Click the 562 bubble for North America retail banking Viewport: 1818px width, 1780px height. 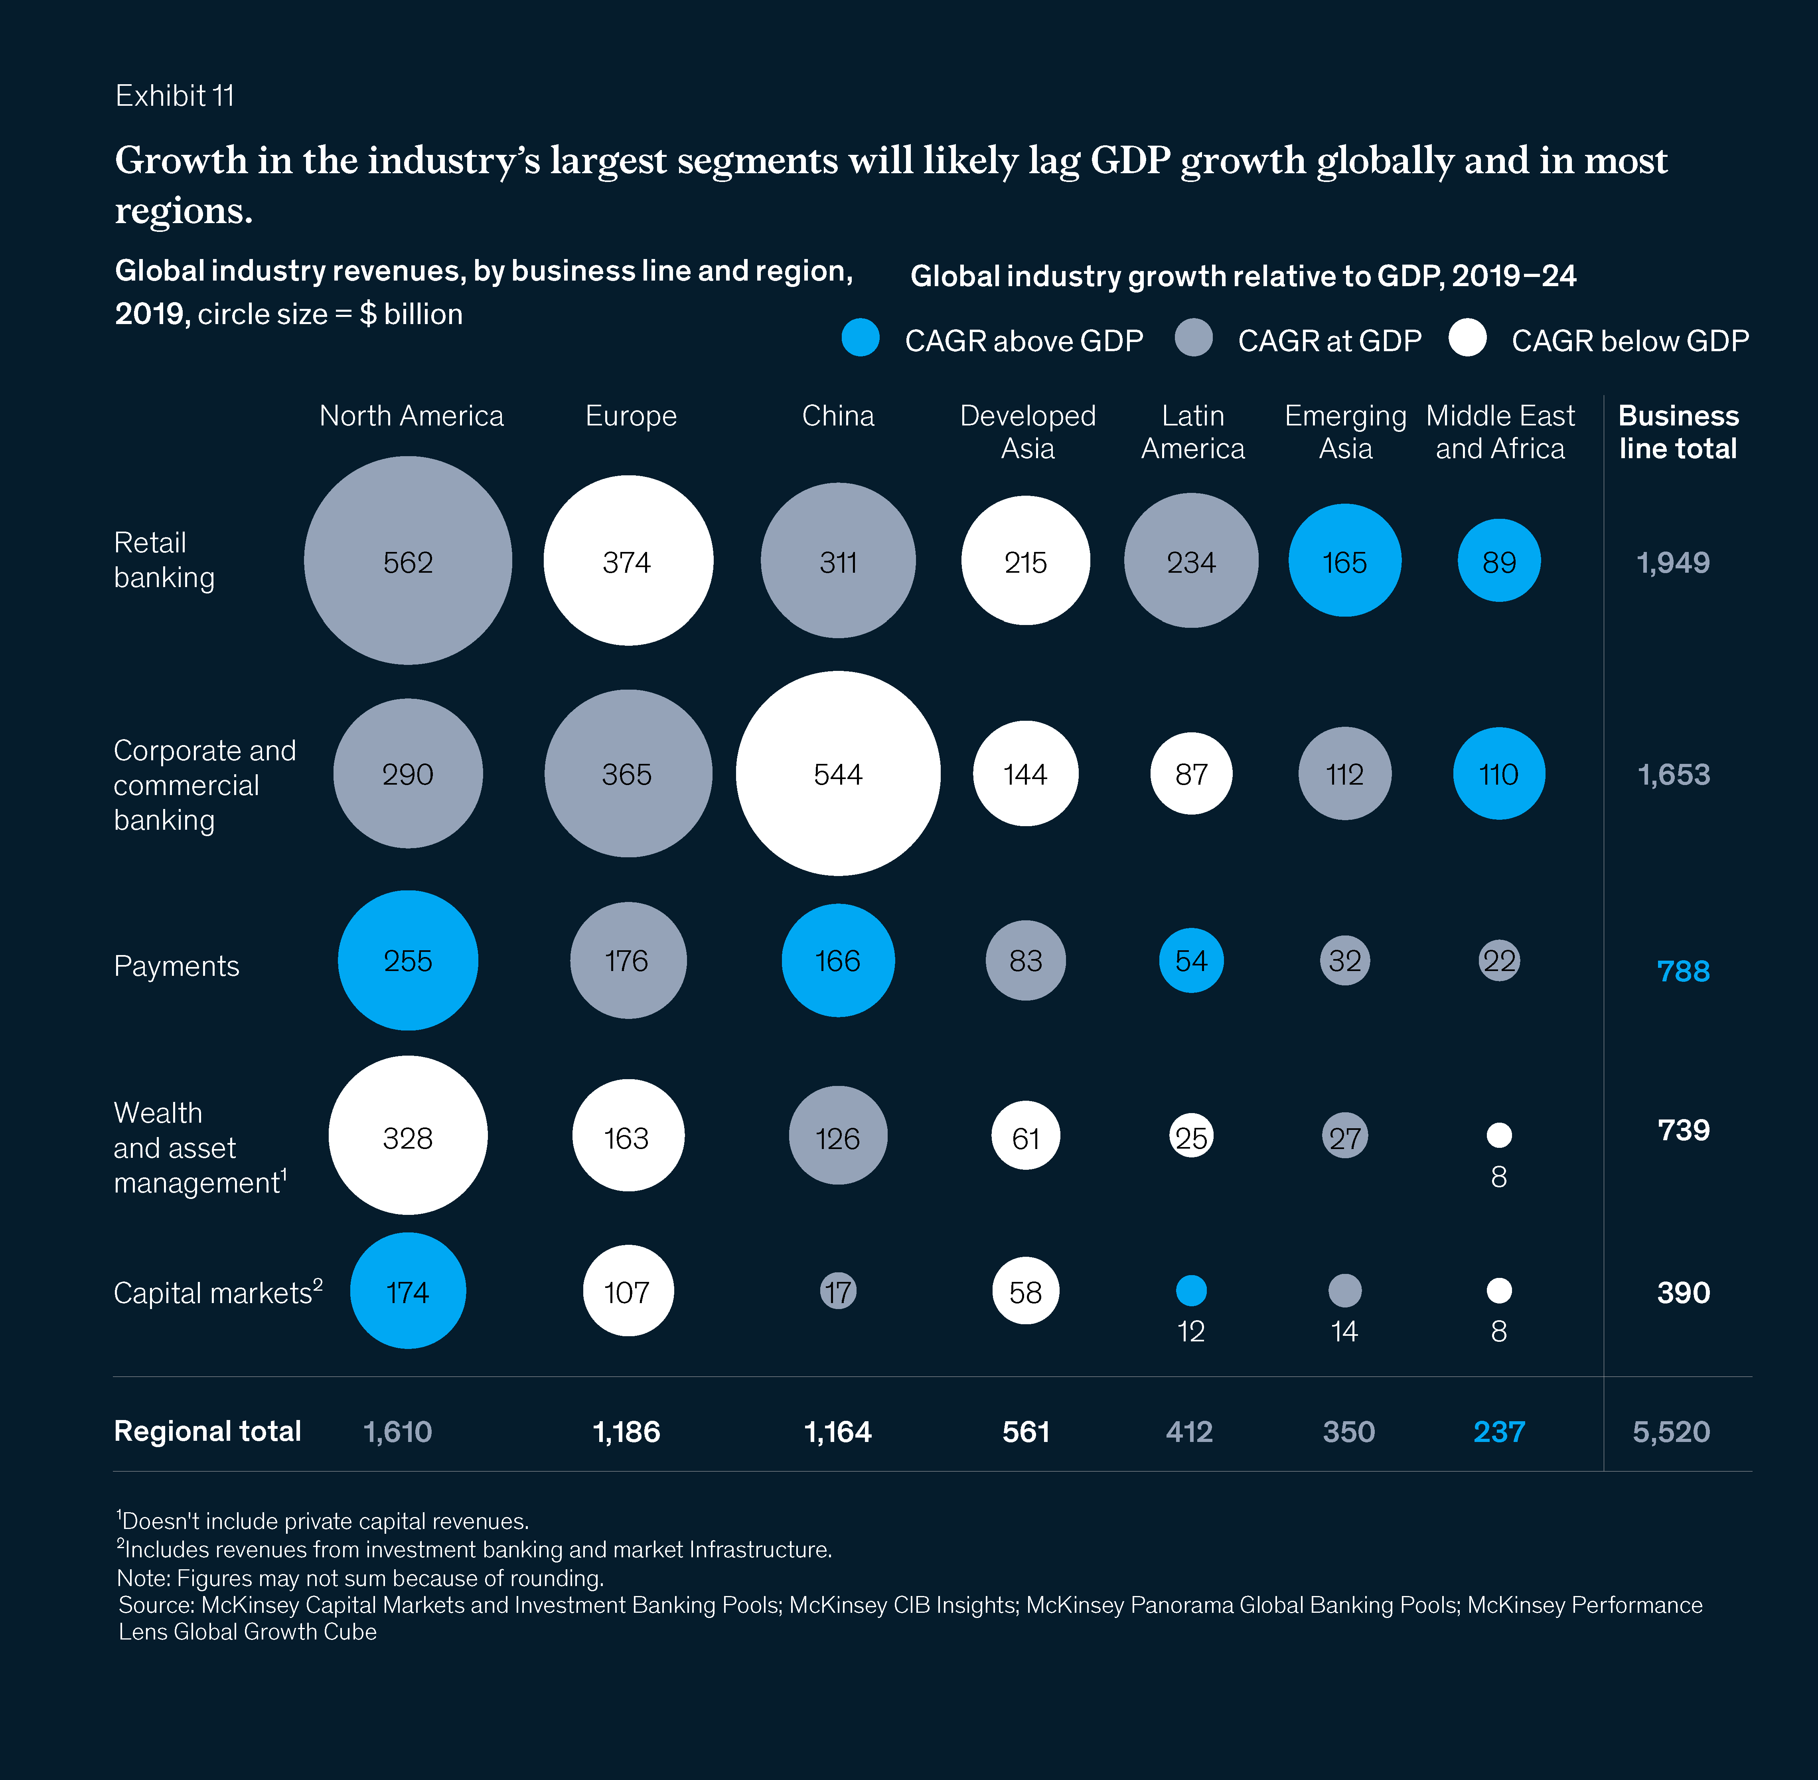click(x=408, y=561)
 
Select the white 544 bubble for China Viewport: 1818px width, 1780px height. click(x=837, y=773)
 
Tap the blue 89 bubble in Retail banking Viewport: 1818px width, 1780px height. click(x=1498, y=561)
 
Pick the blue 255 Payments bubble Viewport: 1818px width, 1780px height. click(x=408, y=960)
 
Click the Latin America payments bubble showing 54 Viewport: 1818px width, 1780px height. click(x=1191, y=960)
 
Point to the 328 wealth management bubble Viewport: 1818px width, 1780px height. click(x=408, y=1136)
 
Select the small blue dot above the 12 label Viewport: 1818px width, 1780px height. click(x=1191, y=1291)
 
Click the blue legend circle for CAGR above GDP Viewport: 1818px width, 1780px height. click(x=860, y=338)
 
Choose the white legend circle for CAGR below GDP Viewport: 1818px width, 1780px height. click(x=1467, y=338)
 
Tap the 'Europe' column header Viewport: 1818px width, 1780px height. click(x=631, y=416)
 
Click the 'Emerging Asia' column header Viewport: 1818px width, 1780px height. click(x=1345, y=432)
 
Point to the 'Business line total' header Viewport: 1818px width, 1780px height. click(x=1678, y=432)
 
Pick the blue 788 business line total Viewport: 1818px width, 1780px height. click(x=1682, y=971)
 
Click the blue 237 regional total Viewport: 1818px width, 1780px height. click(x=1498, y=1431)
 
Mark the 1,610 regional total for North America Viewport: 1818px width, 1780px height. click(x=397, y=1431)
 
